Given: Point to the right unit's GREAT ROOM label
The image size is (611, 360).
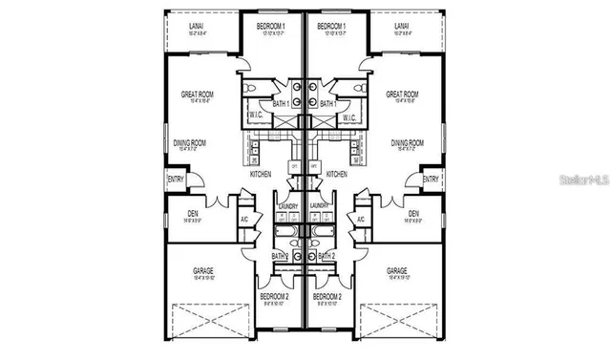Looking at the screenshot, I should [x=402, y=95].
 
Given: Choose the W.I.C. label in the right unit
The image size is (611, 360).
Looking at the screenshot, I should [x=349, y=117].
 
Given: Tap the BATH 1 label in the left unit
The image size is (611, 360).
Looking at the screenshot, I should [x=281, y=103].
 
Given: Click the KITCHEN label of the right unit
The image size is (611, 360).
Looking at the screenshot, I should [x=336, y=175].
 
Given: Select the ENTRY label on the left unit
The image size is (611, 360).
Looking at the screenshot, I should [x=176, y=179].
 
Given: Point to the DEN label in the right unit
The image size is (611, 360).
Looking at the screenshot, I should [x=413, y=213].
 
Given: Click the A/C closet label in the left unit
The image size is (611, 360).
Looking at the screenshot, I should [x=245, y=220].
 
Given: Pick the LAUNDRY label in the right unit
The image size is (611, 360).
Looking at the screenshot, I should [x=321, y=205].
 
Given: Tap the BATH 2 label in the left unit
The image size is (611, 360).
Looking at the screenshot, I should [x=280, y=256].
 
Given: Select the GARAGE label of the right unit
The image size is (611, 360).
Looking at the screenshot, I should [x=397, y=271].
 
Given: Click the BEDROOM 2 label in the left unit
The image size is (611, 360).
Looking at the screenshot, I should [x=275, y=297].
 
